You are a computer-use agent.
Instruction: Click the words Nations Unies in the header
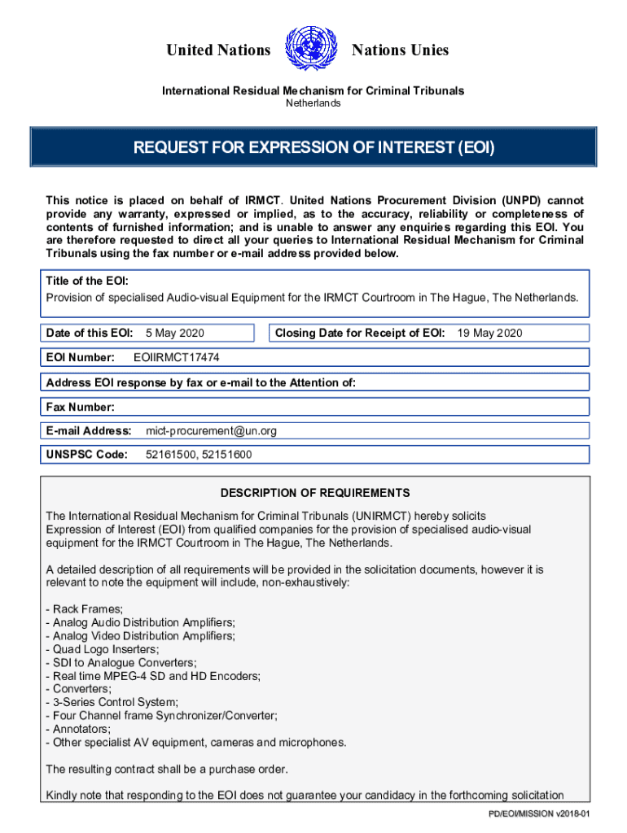tap(400, 50)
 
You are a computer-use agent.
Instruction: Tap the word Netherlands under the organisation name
tap(313, 103)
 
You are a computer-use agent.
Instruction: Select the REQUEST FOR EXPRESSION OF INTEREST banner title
tap(314, 148)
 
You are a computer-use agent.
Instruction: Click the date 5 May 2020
tap(174, 333)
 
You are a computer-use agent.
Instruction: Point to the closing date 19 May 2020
tap(489, 333)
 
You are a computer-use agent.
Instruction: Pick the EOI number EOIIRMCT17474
tap(176, 357)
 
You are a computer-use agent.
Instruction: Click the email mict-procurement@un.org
tap(211, 430)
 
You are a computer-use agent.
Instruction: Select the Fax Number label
tap(80, 407)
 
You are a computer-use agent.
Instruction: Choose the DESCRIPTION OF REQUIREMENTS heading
tap(314, 493)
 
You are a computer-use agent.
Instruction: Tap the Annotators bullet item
tap(79, 729)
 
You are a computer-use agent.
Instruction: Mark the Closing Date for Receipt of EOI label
tap(359, 333)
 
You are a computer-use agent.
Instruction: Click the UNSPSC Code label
tap(87, 455)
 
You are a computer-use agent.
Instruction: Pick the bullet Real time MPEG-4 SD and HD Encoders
tap(154, 676)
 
